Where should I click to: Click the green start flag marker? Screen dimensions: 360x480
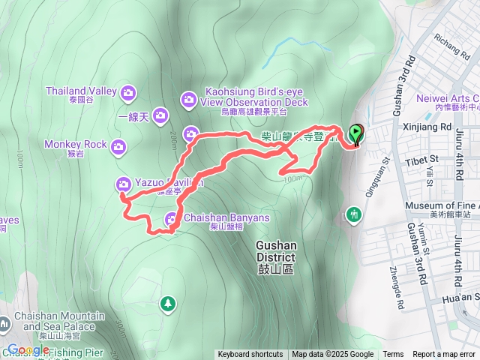click(355, 135)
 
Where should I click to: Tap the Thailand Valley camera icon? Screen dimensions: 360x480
click(129, 91)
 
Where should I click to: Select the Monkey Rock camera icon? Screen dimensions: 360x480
click(118, 147)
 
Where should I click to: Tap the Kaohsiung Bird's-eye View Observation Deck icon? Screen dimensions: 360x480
click(187, 98)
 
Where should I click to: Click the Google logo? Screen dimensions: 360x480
click(28, 349)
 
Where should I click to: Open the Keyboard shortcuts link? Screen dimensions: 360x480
click(250, 355)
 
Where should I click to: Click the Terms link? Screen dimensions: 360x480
click(393, 355)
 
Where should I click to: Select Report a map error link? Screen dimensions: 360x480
click(445, 355)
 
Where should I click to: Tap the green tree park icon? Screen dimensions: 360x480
click(168, 303)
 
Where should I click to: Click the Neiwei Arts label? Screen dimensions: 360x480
click(449, 97)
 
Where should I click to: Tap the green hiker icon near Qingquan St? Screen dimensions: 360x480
click(354, 215)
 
